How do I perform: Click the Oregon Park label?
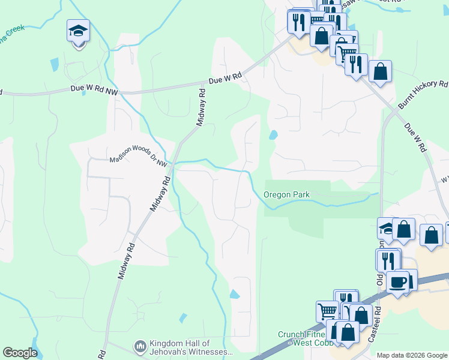pyautogui.click(x=286, y=195)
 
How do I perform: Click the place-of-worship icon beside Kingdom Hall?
pyautogui.click(x=140, y=346)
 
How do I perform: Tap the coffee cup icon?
pyautogui.click(x=397, y=281)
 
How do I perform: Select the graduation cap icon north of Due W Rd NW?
pyautogui.click(x=77, y=30)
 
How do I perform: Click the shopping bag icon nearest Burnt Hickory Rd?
pyautogui.click(x=380, y=71)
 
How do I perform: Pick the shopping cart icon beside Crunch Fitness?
pyautogui.click(x=327, y=311)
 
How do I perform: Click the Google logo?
pyautogui.click(x=20, y=353)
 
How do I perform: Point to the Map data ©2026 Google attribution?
pyautogui.click(x=411, y=355)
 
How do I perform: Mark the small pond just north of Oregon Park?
pyautogui.click(x=273, y=135)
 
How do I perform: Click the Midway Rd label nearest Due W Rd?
pyautogui.click(x=202, y=107)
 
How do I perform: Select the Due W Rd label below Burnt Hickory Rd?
pyautogui.click(x=414, y=137)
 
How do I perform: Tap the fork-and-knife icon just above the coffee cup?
pyautogui.click(x=388, y=260)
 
